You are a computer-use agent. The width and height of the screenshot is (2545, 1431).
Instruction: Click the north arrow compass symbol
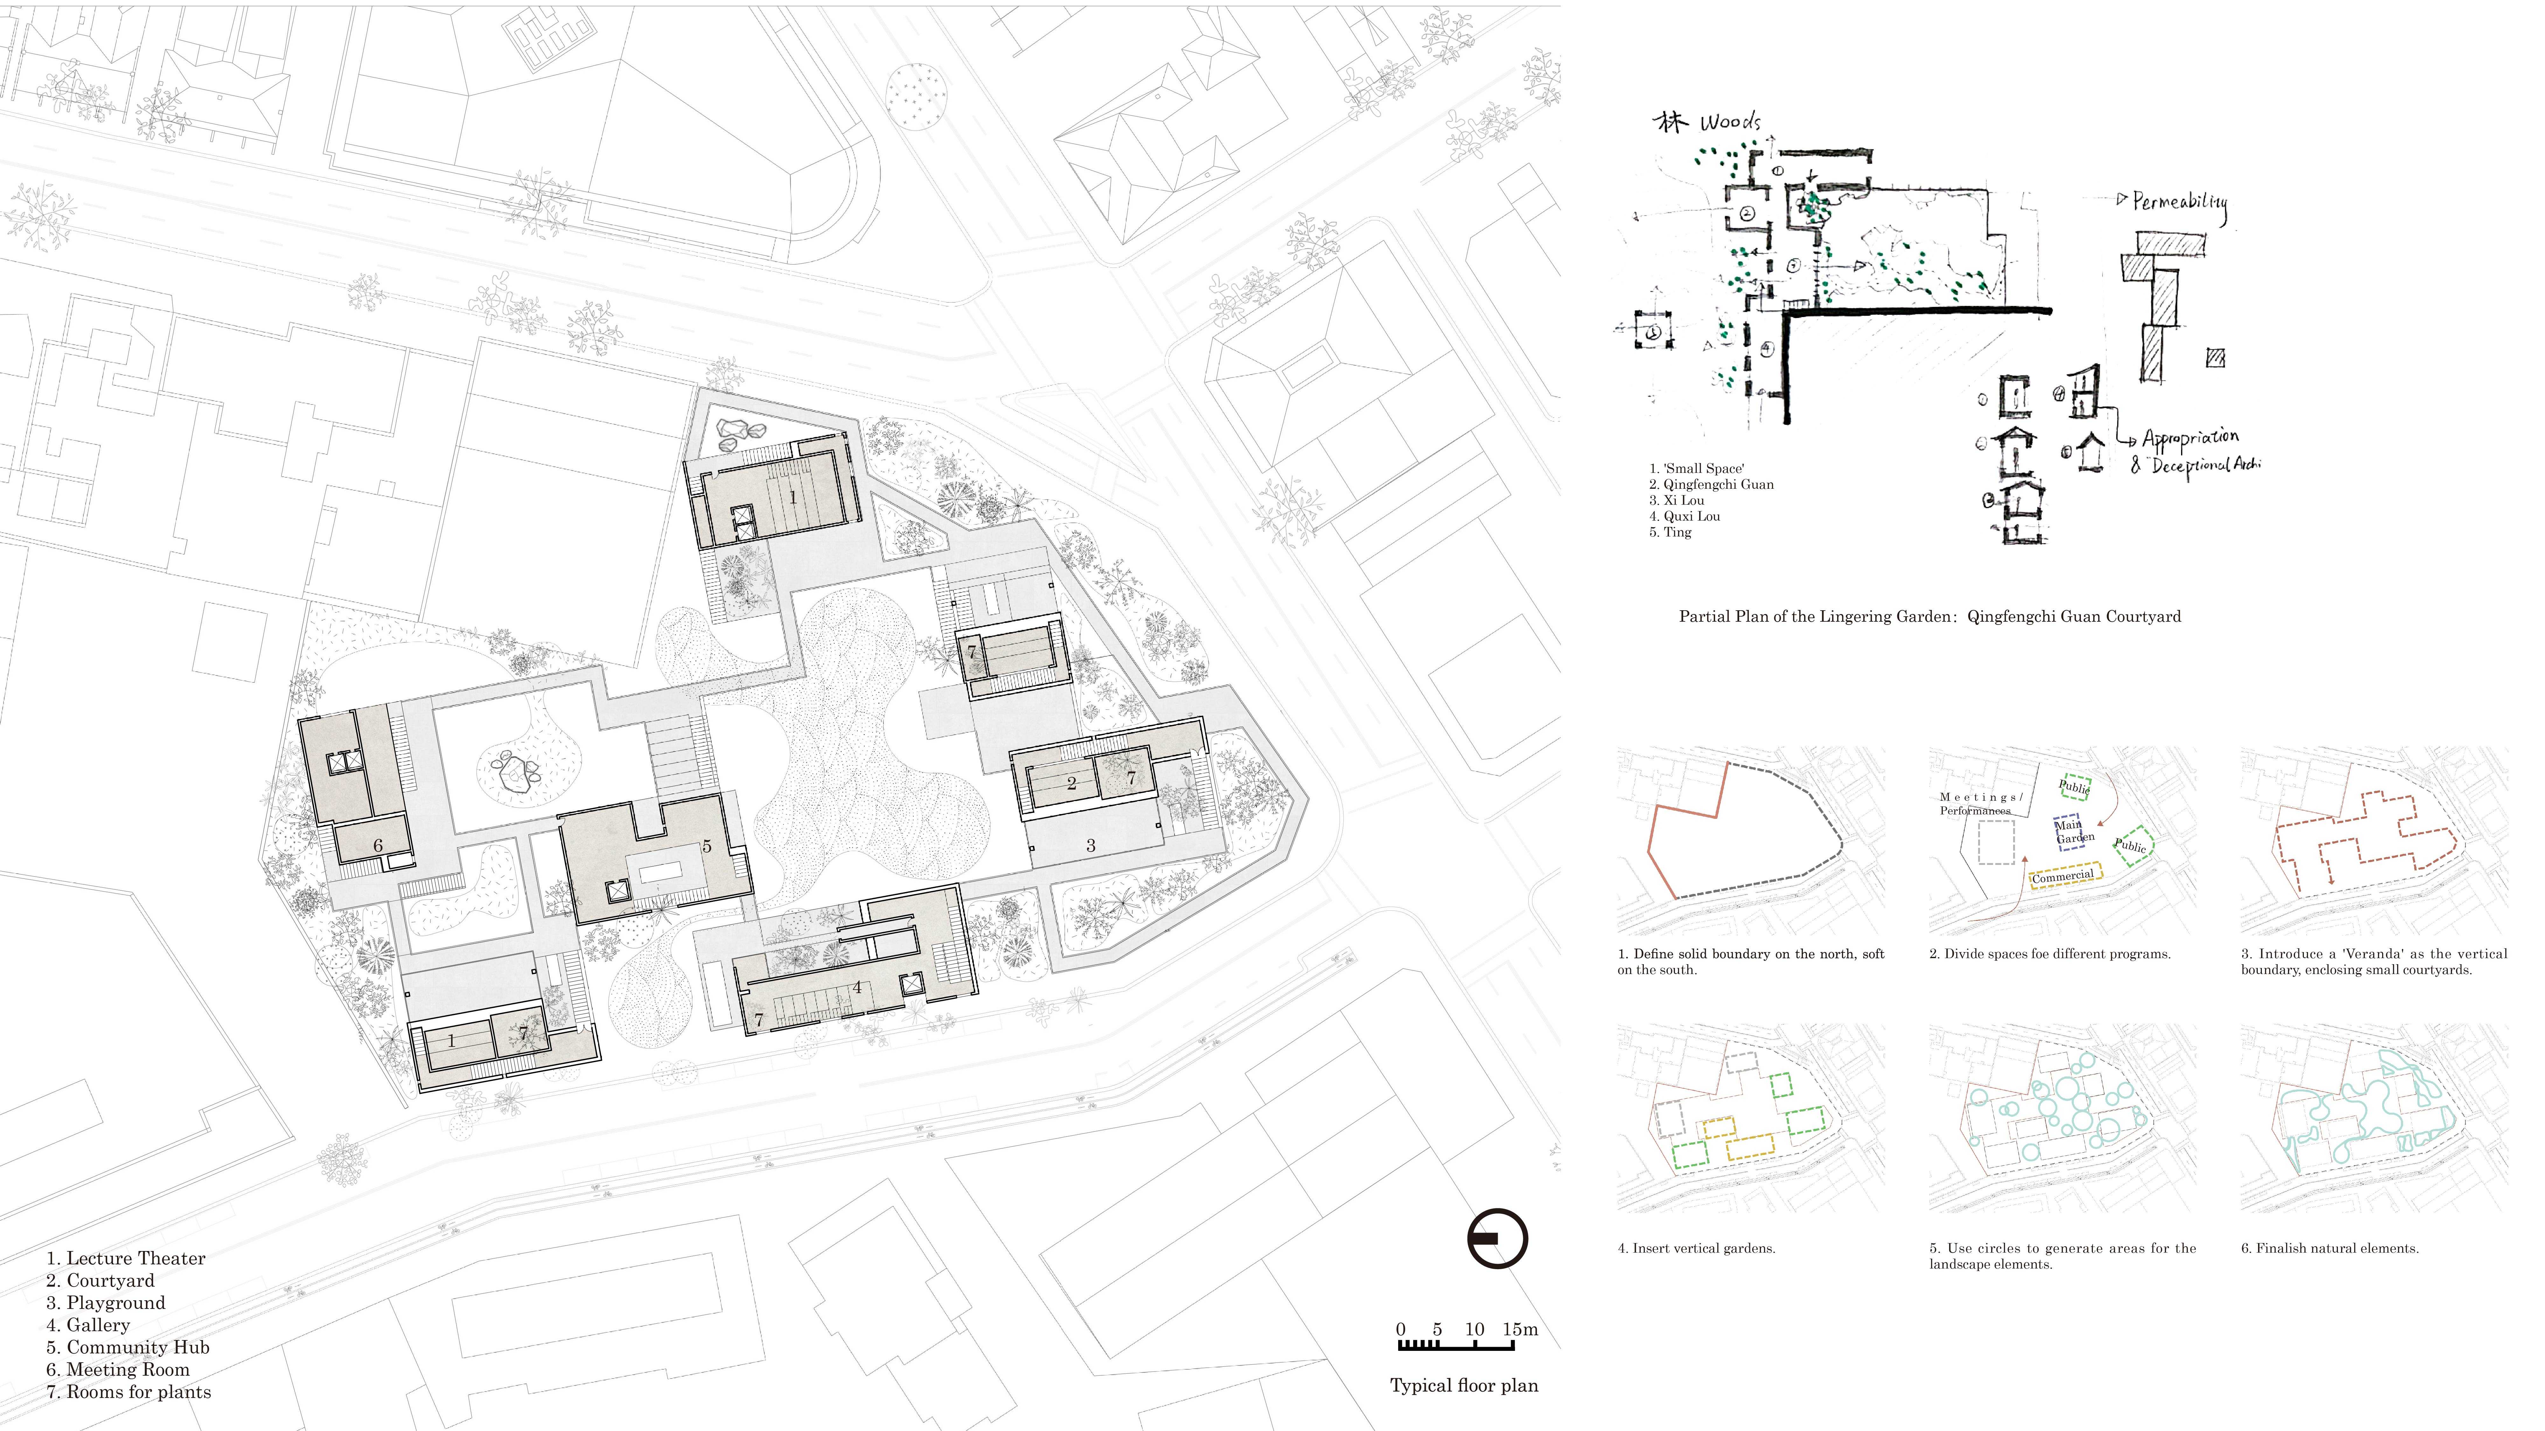1497,1238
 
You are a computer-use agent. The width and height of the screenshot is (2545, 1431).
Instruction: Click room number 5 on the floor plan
706,846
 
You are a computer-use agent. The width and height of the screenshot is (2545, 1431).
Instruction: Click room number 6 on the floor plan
377,846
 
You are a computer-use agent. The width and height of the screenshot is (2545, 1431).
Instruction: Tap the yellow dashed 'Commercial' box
2064,876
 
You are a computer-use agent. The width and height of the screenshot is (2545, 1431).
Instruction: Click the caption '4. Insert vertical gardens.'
1696,1248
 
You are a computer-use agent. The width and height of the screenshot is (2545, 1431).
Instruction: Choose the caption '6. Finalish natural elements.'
2330,1248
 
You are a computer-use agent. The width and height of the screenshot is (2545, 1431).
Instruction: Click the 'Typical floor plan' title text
1463,1386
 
